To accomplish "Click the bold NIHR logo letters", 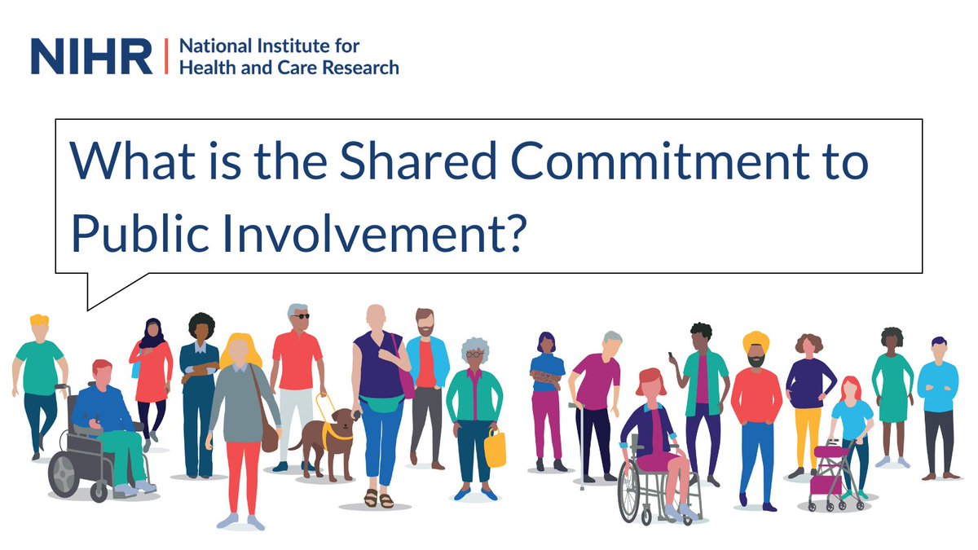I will [91, 55].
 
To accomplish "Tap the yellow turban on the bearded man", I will [756, 340].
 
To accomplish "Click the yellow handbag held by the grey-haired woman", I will [495, 449].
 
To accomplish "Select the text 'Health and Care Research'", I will [289, 67].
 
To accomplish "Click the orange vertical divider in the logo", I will [166, 55].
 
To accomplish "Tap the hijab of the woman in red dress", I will [151, 334].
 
